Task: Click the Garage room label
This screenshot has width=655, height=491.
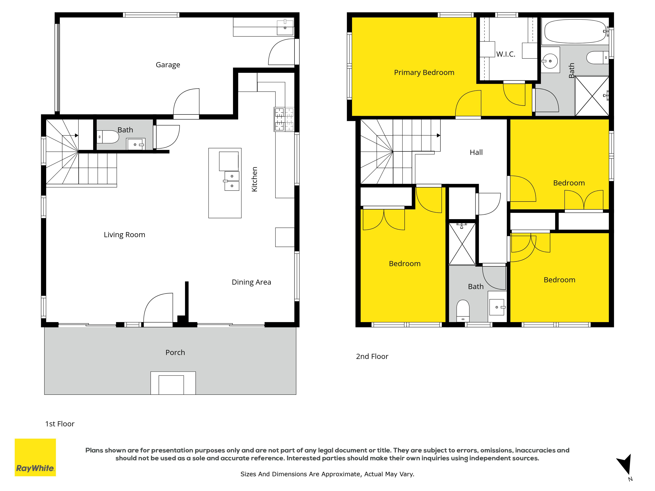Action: (x=168, y=65)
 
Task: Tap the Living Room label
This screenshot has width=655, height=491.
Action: (x=124, y=235)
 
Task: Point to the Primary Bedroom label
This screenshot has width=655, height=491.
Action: (x=424, y=73)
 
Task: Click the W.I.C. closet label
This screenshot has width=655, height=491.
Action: (x=506, y=54)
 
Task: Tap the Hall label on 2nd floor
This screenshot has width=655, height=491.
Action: (x=476, y=152)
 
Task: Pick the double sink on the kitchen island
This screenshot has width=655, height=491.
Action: (x=232, y=181)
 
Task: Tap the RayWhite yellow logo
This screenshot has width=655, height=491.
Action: (x=35, y=458)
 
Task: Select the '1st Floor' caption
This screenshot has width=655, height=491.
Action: (x=60, y=424)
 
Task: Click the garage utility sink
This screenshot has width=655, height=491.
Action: (x=285, y=27)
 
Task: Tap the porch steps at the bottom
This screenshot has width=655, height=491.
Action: (x=173, y=383)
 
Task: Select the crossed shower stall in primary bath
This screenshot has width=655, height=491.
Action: (x=592, y=96)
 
